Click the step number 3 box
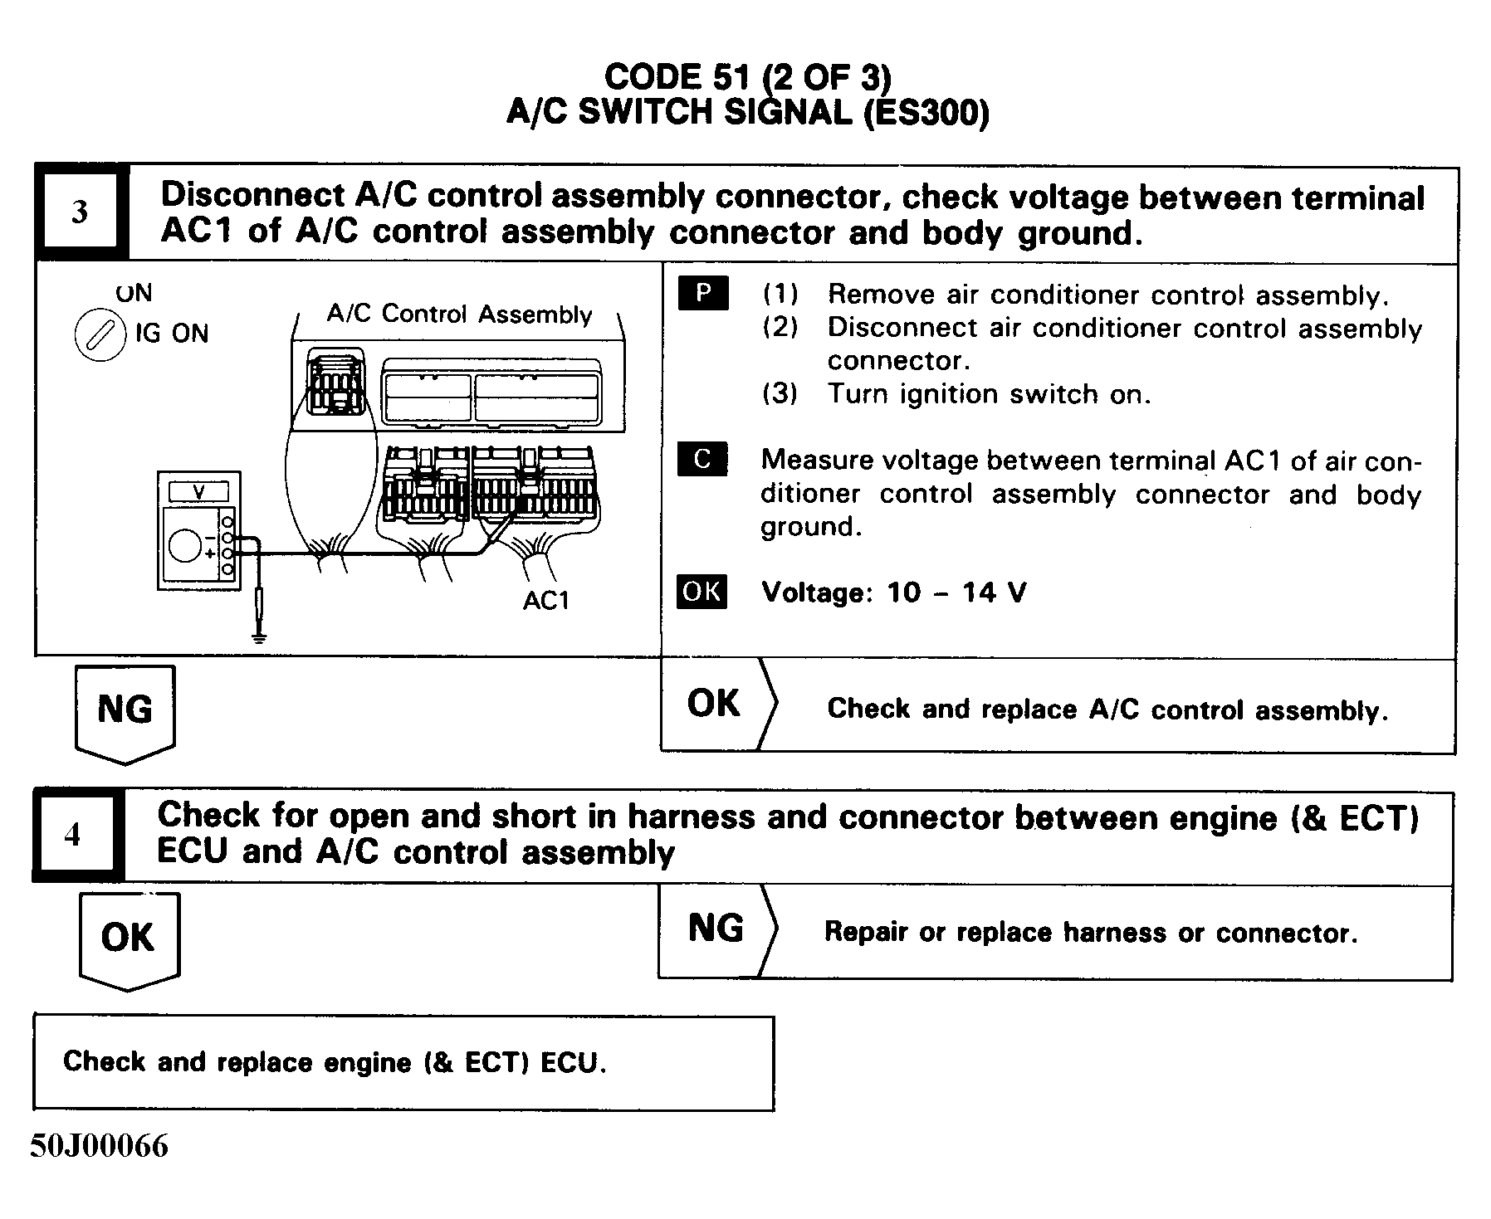tap(80, 212)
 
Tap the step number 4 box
tap(74, 834)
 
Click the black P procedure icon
tap(703, 294)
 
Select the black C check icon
tap(702, 459)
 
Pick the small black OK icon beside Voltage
tap(702, 592)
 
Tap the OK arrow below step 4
tap(128, 939)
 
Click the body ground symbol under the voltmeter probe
tap(260, 638)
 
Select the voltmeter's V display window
tap(198, 492)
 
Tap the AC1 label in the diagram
tap(545, 600)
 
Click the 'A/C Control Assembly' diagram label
tap(459, 315)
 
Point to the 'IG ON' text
tap(172, 334)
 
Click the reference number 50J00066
tap(100, 1146)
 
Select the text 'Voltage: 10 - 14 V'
tap(893, 592)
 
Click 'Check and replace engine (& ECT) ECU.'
tap(335, 1062)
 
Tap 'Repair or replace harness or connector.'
tap(1090, 933)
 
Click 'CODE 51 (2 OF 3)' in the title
tap(747, 77)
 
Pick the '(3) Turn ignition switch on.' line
tap(956, 393)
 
